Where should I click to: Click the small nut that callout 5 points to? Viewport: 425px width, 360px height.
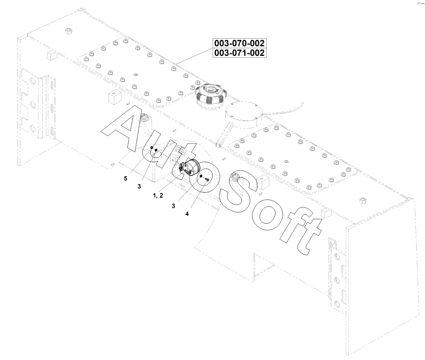[152, 147]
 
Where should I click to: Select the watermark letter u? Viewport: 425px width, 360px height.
[156, 152]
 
